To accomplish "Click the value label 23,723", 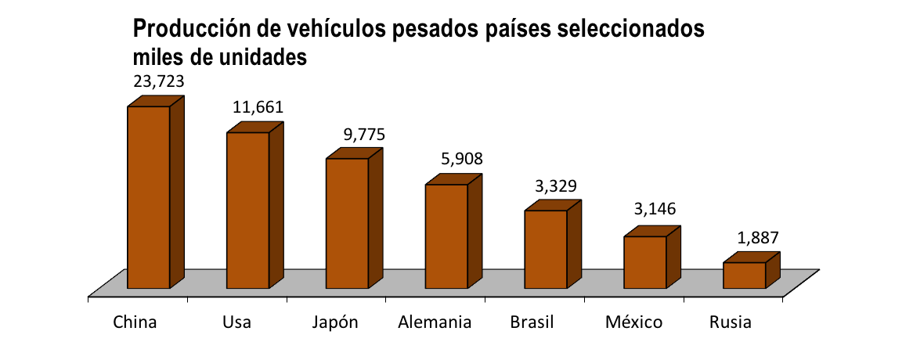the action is click(159, 82).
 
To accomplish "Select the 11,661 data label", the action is click(258, 107).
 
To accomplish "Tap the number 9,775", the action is click(365, 135).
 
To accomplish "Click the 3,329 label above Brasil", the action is click(555, 186).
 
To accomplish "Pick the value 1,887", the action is click(757, 238).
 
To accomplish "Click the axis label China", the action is click(135, 322).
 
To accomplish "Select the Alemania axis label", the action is click(435, 322).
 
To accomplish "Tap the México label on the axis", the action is click(633, 322).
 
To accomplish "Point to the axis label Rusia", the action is click(731, 322).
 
